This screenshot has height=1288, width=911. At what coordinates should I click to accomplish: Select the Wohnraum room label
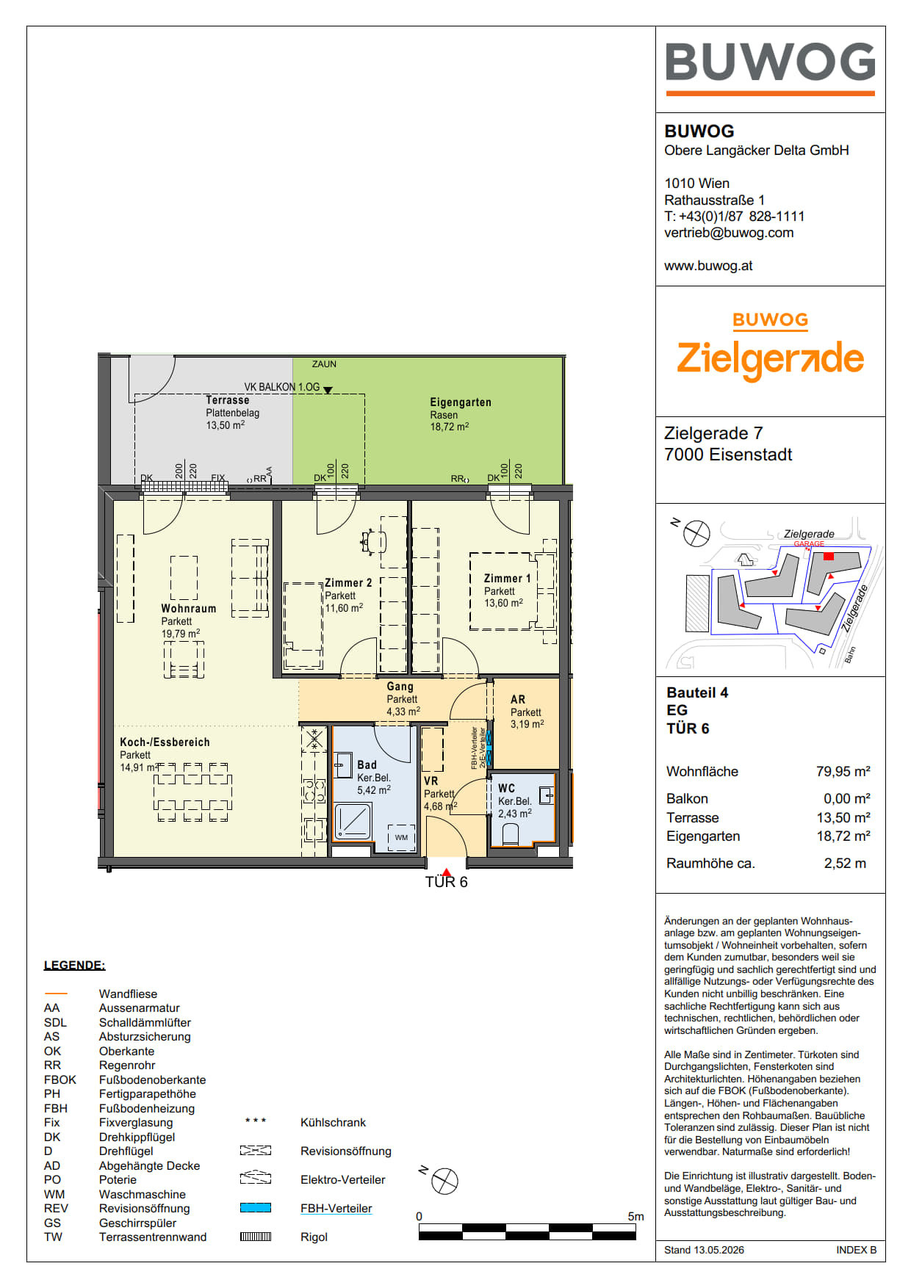pos(188,609)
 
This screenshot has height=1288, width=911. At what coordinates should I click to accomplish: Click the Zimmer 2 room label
pos(348,583)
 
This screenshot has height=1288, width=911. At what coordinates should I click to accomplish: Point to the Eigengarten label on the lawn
pos(461,402)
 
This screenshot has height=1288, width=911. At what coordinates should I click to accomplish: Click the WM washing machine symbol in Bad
pos(401,837)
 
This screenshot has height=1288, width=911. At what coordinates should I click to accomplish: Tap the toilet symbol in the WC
pos(510,834)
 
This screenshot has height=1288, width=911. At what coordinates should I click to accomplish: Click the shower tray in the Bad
pos(353,821)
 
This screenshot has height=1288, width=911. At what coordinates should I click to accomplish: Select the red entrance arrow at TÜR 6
pos(446,872)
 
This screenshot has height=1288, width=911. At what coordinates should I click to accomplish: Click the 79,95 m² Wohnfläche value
pos(843,771)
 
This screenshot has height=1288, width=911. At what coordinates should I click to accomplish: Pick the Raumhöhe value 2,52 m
pos(845,864)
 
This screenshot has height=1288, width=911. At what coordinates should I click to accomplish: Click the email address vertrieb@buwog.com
pos(729,233)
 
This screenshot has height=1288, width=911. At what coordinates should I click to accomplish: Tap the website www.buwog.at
pos(708,266)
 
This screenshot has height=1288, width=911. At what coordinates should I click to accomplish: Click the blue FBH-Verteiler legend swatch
pos(256,1208)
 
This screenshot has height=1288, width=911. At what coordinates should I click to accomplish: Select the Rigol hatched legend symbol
pos(256,1237)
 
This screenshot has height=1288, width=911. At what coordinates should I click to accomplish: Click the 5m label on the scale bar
pos(635,1217)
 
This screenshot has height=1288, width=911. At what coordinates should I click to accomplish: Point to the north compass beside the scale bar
pos(444,1181)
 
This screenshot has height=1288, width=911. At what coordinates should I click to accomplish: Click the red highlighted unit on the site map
pos(829,557)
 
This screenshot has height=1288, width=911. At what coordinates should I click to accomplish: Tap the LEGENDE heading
pos(74,966)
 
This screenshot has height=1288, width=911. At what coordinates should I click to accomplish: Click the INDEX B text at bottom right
pos(856,1250)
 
